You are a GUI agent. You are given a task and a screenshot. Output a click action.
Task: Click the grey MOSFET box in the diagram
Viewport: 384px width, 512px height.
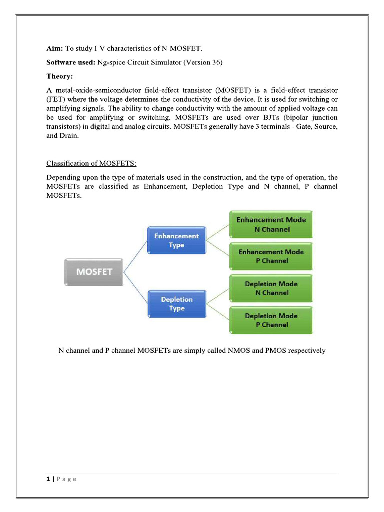click(94, 272)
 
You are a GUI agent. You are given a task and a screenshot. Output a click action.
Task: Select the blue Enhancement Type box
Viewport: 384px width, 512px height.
click(176, 241)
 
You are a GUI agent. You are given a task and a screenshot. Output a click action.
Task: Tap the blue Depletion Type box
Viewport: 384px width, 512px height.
click(176, 304)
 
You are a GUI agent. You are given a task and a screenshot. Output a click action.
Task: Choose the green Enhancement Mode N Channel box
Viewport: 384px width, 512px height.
click(271, 225)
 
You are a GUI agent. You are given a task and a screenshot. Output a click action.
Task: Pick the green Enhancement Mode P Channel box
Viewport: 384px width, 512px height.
click(271, 256)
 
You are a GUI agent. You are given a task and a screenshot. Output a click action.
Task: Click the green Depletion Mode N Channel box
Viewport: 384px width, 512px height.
click(271, 288)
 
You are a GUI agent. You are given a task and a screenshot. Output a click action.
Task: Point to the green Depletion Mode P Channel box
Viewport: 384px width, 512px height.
click(271, 320)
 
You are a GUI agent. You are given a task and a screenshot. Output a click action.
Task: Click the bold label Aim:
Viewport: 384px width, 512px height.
click(55, 48)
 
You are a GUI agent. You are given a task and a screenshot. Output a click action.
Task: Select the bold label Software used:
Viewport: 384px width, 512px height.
click(71, 62)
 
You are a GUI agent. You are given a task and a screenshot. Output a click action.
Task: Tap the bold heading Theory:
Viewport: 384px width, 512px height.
click(59, 76)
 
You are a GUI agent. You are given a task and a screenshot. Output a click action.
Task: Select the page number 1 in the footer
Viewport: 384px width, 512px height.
click(48, 479)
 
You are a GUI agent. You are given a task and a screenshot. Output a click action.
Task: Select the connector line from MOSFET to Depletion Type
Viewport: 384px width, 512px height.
click(135, 289)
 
